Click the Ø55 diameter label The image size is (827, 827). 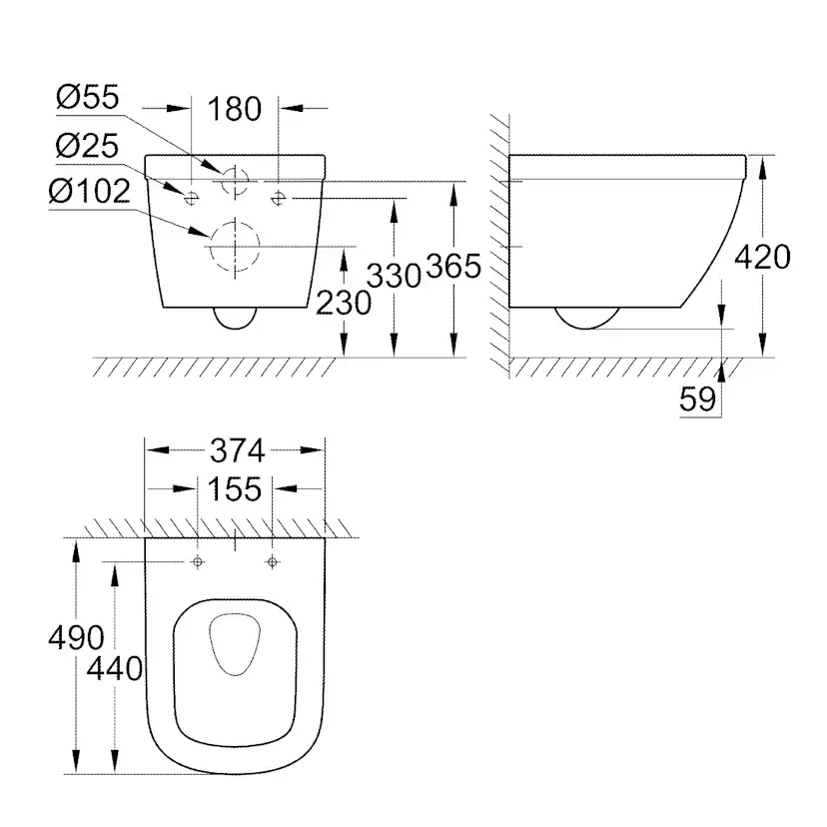tap(88, 99)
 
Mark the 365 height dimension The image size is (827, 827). tap(453, 266)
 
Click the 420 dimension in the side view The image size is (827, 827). tap(762, 257)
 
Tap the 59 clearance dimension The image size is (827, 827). tap(698, 400)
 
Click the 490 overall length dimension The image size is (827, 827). tap(76, 636)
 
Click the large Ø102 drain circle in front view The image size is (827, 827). tap(233, 246)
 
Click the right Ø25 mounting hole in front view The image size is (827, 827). tap(278, 196)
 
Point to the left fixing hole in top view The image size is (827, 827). tap(198, 563)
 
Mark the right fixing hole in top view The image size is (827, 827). tap(271, 563)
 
